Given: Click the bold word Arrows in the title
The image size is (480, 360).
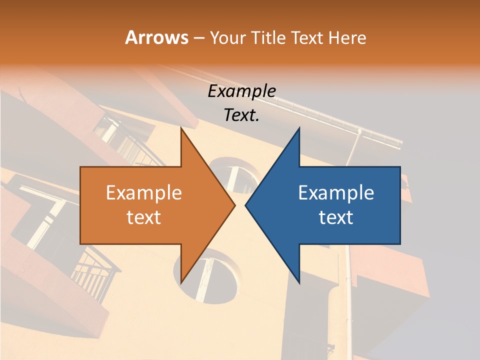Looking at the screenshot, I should click(x=156, y=37).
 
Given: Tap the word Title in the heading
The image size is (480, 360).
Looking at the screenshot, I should click(x=269, y=37).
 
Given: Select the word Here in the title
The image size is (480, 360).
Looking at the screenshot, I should click(x=347, y=37).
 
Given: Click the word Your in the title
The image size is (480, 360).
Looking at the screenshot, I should click(x=227, y=37).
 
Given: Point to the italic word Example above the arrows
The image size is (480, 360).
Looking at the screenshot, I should click(x=241, y=91).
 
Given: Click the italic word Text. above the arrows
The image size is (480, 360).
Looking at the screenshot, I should click(x=241, y=115).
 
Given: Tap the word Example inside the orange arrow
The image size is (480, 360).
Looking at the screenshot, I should click(x=143, y=193).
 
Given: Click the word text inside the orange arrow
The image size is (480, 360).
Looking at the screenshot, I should click(x=143, y=217).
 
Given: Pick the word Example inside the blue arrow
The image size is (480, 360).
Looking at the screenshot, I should click(x=336, y=193).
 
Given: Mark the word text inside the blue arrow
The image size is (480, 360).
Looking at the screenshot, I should click(x=336, y=217).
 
